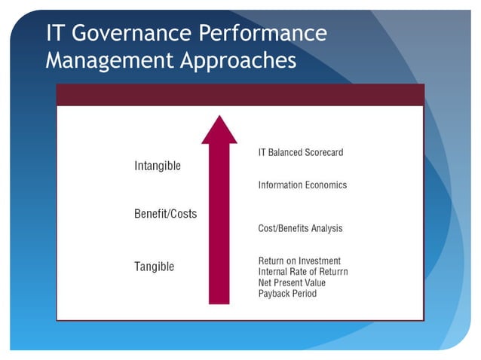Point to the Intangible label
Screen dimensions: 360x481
click(x=157, y=166)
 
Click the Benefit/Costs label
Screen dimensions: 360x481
click(x=165, y=214)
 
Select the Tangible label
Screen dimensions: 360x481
click(x=154, y=267)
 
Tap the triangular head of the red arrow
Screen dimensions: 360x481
click(x=219, y=130)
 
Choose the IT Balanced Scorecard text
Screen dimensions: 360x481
click(x=300, y=153)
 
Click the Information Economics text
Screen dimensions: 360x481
click(x=302, y=185)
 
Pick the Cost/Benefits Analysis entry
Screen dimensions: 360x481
click(x=300, y=228)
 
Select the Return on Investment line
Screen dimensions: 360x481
click(x=299, y=261)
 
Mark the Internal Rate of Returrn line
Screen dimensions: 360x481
click(x=303, y=271)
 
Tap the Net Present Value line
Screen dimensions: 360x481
click(x=292, y=282)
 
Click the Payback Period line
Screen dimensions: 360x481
click(x=287, y=294)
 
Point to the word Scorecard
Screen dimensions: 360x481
click(x=324, y=153)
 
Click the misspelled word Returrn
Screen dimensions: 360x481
click(x=331, y=271)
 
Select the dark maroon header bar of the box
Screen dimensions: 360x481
click(x=240, y=95)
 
